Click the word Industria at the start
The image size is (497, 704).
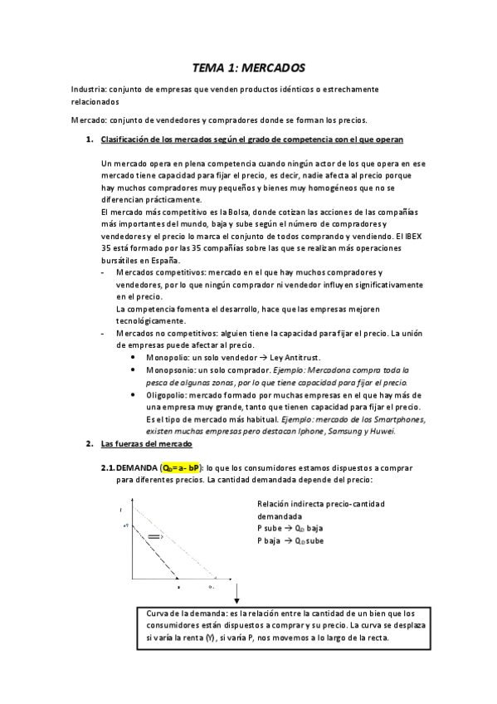[87, 88]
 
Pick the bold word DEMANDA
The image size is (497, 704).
[139, 468]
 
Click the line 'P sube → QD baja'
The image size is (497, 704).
[290, 528]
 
